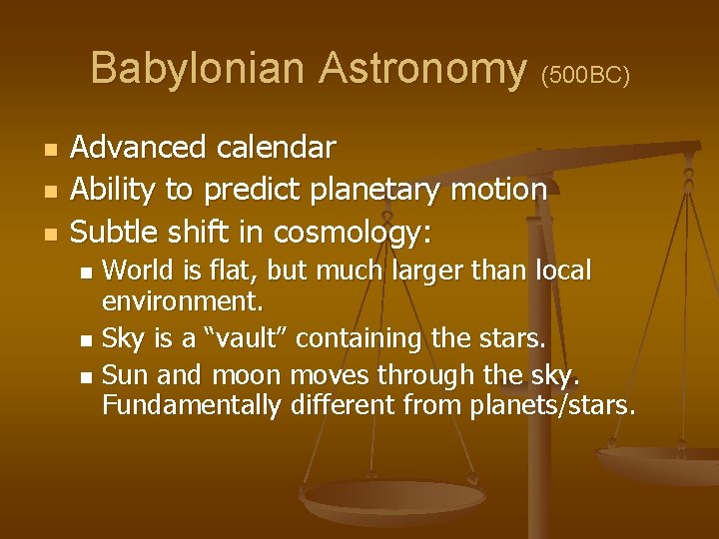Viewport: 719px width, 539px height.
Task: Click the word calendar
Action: click(271, 149)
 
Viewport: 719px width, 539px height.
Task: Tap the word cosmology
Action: click(350, 233)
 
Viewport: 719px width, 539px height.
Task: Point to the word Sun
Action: click(124, 375)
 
